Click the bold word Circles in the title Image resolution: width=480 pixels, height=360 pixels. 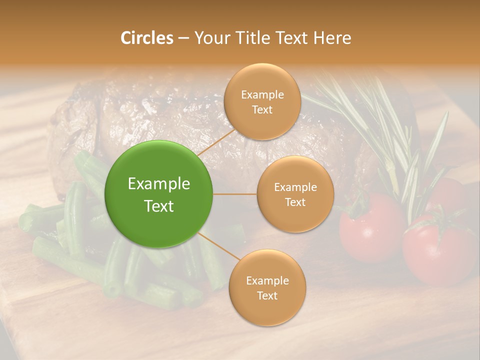point(146,38)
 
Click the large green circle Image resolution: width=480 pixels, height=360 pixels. point(159,194)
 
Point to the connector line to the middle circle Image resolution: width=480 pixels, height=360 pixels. point(235,194)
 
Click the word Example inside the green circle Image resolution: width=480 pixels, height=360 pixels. point(159,184)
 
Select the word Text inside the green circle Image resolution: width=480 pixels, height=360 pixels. point(159,206)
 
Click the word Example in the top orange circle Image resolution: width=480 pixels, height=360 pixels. point(262,95)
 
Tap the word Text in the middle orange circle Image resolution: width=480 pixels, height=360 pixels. point(295,202)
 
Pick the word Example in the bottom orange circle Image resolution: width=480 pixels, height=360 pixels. point(267,280)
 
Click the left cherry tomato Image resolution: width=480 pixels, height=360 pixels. point(370,227)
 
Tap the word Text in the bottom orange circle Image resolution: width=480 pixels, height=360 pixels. point(267,295)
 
